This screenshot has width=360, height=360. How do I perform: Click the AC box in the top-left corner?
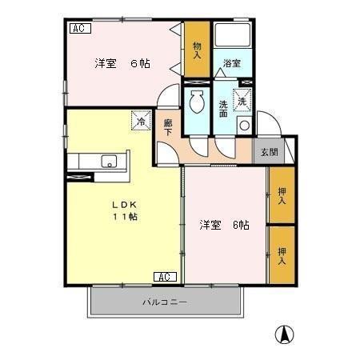(79, 29)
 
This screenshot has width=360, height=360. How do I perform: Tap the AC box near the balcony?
(162, 277)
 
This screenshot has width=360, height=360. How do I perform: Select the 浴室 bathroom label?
(232, 63)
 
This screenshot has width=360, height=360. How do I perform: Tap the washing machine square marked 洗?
(242, 100)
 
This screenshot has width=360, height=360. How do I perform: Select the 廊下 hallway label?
(168, 127)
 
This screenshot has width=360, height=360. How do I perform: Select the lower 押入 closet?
(282, 254)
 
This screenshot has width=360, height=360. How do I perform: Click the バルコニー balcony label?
(164, 303)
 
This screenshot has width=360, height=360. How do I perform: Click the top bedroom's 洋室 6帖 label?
(123, 63)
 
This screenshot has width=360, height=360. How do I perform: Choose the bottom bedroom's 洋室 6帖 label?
(224, 225)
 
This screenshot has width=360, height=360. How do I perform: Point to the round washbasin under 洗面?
(243, 126)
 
